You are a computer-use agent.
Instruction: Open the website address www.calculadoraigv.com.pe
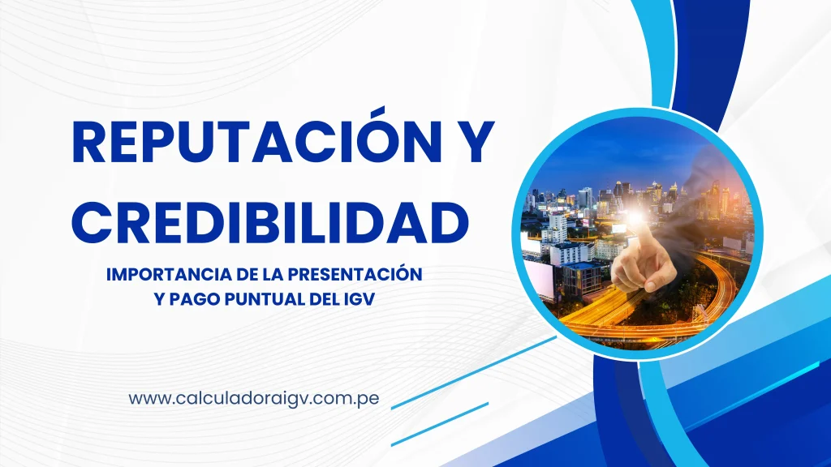[x=253, y=399]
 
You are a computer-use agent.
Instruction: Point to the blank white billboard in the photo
[x=540, y=280]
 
